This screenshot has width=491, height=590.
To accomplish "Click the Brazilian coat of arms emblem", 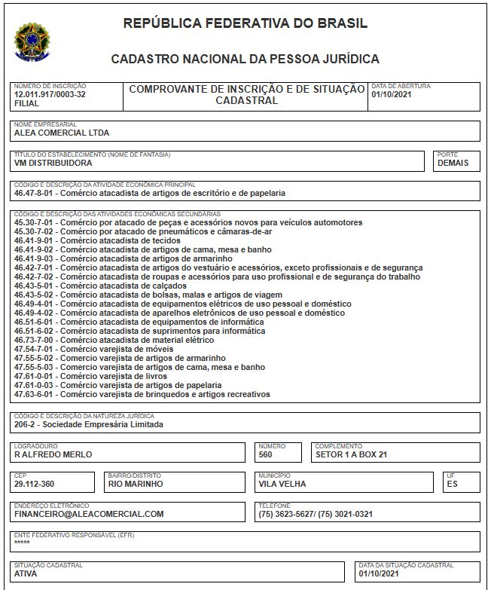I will [x=32, y=41].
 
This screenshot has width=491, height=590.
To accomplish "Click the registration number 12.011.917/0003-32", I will [x=50, y=95].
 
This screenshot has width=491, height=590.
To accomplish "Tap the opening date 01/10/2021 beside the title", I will [x=391, y=95].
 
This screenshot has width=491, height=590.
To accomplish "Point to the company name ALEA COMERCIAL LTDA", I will [x=62, y=133].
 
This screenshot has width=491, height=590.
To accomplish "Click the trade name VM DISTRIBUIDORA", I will [x=53, y=163].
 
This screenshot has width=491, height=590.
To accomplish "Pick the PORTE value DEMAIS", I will [x=453, y=163].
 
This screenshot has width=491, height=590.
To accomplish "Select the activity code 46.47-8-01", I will [x=35, y=193].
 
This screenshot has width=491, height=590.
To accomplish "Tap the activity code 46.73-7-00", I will [x=35, y=341].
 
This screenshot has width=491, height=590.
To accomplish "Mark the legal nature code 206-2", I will [x=25, y=424].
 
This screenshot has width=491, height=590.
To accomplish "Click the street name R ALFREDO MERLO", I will [x=53, y=454].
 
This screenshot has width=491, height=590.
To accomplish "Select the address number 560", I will [x=265, y=454].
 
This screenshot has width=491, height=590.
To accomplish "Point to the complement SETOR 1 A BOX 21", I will [x=351, y=454].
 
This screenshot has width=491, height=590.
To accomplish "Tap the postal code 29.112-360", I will [x=44, y=485].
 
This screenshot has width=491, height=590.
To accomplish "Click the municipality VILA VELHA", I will [x=282, y=485].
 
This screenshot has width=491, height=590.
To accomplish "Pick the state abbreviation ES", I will [x=452, y=485].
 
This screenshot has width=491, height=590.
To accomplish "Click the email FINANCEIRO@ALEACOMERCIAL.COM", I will [x=89, y=515].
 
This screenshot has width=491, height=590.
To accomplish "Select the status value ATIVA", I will [x=26, y=574].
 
